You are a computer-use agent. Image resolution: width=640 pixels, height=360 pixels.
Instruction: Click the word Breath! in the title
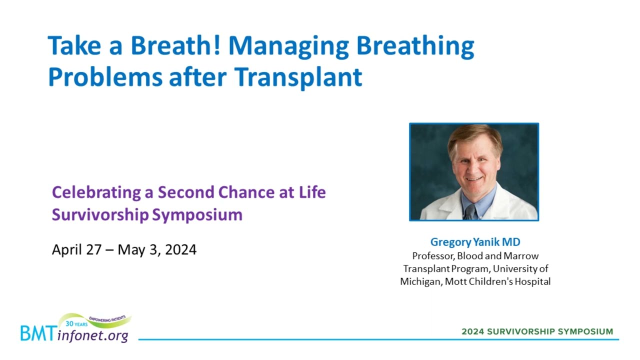(175, 45)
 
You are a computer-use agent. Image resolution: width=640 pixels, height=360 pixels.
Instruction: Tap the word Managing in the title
(288, 47)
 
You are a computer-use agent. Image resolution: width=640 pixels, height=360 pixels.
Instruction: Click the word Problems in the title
(105, 77)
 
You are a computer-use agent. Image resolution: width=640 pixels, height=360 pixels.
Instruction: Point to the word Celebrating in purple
(96, 193)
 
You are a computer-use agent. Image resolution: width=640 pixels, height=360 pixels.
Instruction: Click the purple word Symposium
(197, 215)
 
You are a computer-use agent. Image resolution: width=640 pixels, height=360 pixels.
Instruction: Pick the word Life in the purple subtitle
(312, 192)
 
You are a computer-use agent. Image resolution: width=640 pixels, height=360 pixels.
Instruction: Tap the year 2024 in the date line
(180, 249)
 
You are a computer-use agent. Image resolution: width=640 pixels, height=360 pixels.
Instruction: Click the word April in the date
(68, 250)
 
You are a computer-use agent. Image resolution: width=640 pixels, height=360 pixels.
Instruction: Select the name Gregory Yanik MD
(475, 242)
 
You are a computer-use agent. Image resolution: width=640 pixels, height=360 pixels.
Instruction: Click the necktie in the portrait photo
(470, 211)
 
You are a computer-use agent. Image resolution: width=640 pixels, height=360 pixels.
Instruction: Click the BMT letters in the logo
(37, 333)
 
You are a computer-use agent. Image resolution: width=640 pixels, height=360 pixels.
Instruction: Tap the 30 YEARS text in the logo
(76, 324)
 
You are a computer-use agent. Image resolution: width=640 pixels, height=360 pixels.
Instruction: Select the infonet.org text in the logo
(92, 335)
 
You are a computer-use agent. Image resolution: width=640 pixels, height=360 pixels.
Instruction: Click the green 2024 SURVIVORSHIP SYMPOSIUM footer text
(537, 331)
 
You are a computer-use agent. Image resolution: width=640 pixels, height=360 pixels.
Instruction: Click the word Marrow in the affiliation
(521, 255)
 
